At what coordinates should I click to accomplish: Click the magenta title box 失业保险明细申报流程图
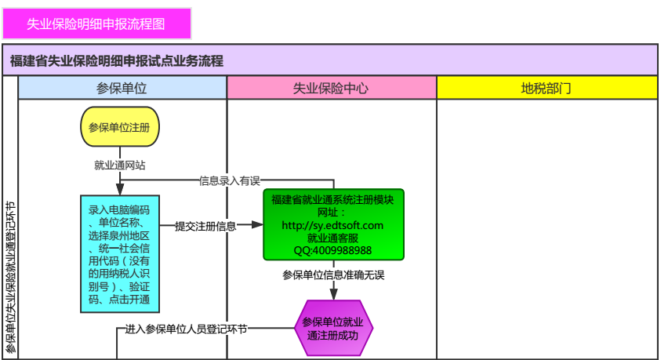(x=96, y=24)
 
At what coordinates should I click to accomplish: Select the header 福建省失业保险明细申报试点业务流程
(x=118, y=60)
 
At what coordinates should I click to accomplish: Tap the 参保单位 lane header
(x=122, y=88)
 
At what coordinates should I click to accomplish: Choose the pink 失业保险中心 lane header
(x=331, y=88)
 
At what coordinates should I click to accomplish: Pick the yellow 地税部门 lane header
(x=546, y=88)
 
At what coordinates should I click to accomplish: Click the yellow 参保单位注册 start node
(x=119, y=127)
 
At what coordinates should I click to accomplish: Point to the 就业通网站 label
(x=119, y=165)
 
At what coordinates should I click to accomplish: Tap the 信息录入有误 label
(x=229, y=180)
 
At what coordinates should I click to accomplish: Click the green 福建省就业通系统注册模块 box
(x=333, y=224)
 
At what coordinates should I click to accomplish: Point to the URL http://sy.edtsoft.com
(x=333, y=225)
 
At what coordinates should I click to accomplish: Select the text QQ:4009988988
(x=333, y=250)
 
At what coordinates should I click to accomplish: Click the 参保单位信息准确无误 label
(x=333, y=275)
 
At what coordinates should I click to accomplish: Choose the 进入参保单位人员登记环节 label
(x=187, y=329)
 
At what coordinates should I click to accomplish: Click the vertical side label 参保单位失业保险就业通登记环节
(x=10, y=278)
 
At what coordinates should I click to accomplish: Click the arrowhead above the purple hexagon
(x=333, y=294)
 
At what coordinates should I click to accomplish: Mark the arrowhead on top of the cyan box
(x=119, y=190)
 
